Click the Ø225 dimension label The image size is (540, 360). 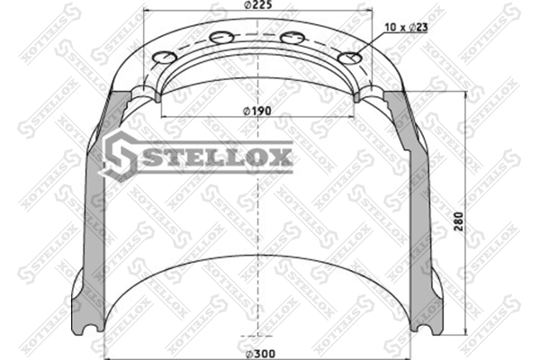click(257, 4)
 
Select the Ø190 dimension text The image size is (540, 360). click(257, 111)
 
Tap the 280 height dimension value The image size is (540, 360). click(459, 221)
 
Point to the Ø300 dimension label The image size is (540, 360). click(258, 354)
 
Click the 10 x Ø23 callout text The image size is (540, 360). click(406, 27)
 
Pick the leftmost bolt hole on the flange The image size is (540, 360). click(165, 58)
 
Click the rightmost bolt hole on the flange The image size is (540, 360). click(350, 58)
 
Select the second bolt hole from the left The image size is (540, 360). click(221, 37)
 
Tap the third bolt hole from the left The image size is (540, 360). click(293, 37)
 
